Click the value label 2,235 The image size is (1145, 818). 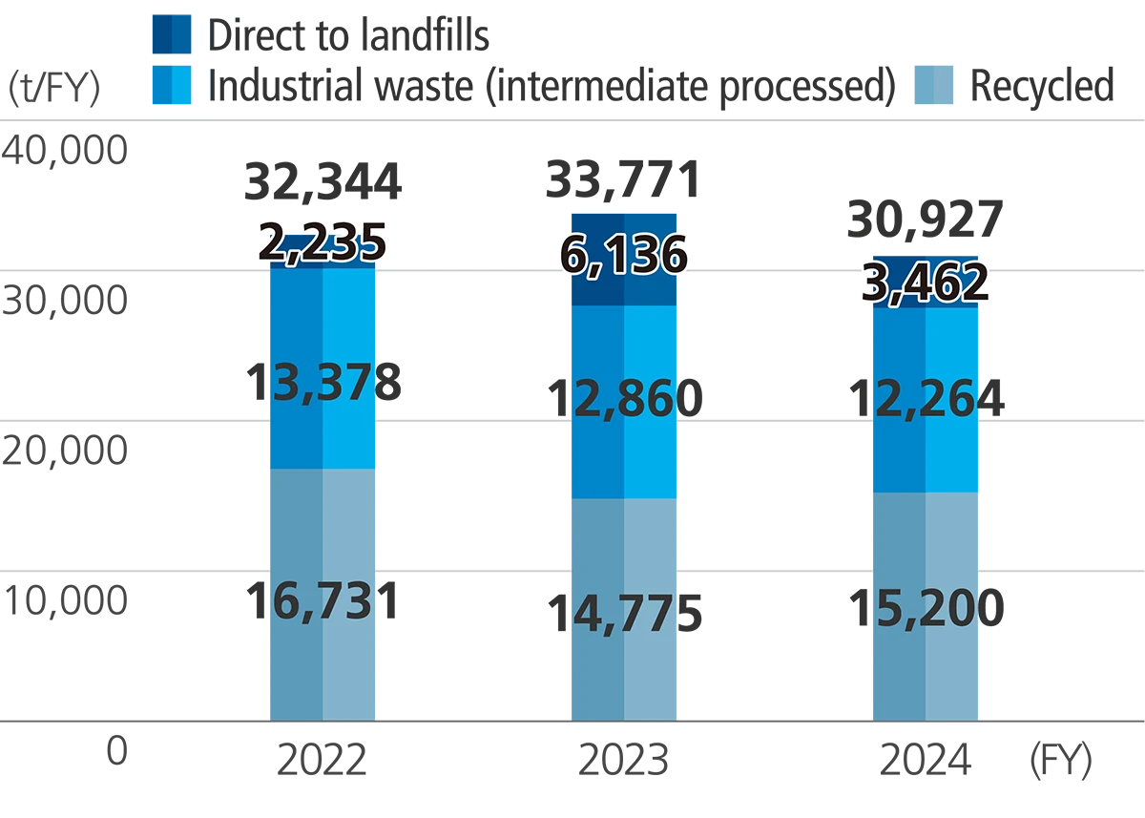pyautogui.click(x=323, y=241)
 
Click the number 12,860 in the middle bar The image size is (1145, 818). pyautogui.click(x=622, y=397)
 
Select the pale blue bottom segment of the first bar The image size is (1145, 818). pyautogui.click(x=323, y=668)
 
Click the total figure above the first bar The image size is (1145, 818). pyautogui.click(x=323, y=177)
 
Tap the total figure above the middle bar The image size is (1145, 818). pyautogui.click(x=622, y=172)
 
